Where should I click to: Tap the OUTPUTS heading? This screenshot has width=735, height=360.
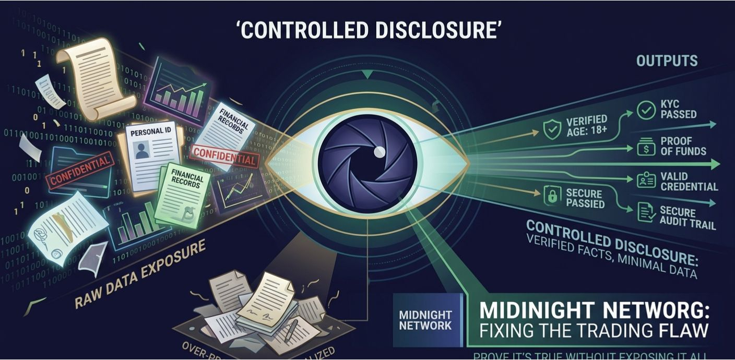point(667,61)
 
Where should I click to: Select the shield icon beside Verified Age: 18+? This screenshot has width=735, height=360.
point(552,129)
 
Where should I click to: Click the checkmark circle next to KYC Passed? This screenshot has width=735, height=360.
point(646,110)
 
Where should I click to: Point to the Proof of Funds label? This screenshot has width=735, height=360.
point(683,146)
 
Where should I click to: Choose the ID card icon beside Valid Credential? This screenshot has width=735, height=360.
point(646,181)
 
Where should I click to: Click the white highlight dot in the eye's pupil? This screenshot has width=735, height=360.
point(380,151)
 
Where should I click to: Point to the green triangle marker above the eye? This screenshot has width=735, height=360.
point(368,75)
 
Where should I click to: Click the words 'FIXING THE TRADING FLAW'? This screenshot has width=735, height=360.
point(594,330)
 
